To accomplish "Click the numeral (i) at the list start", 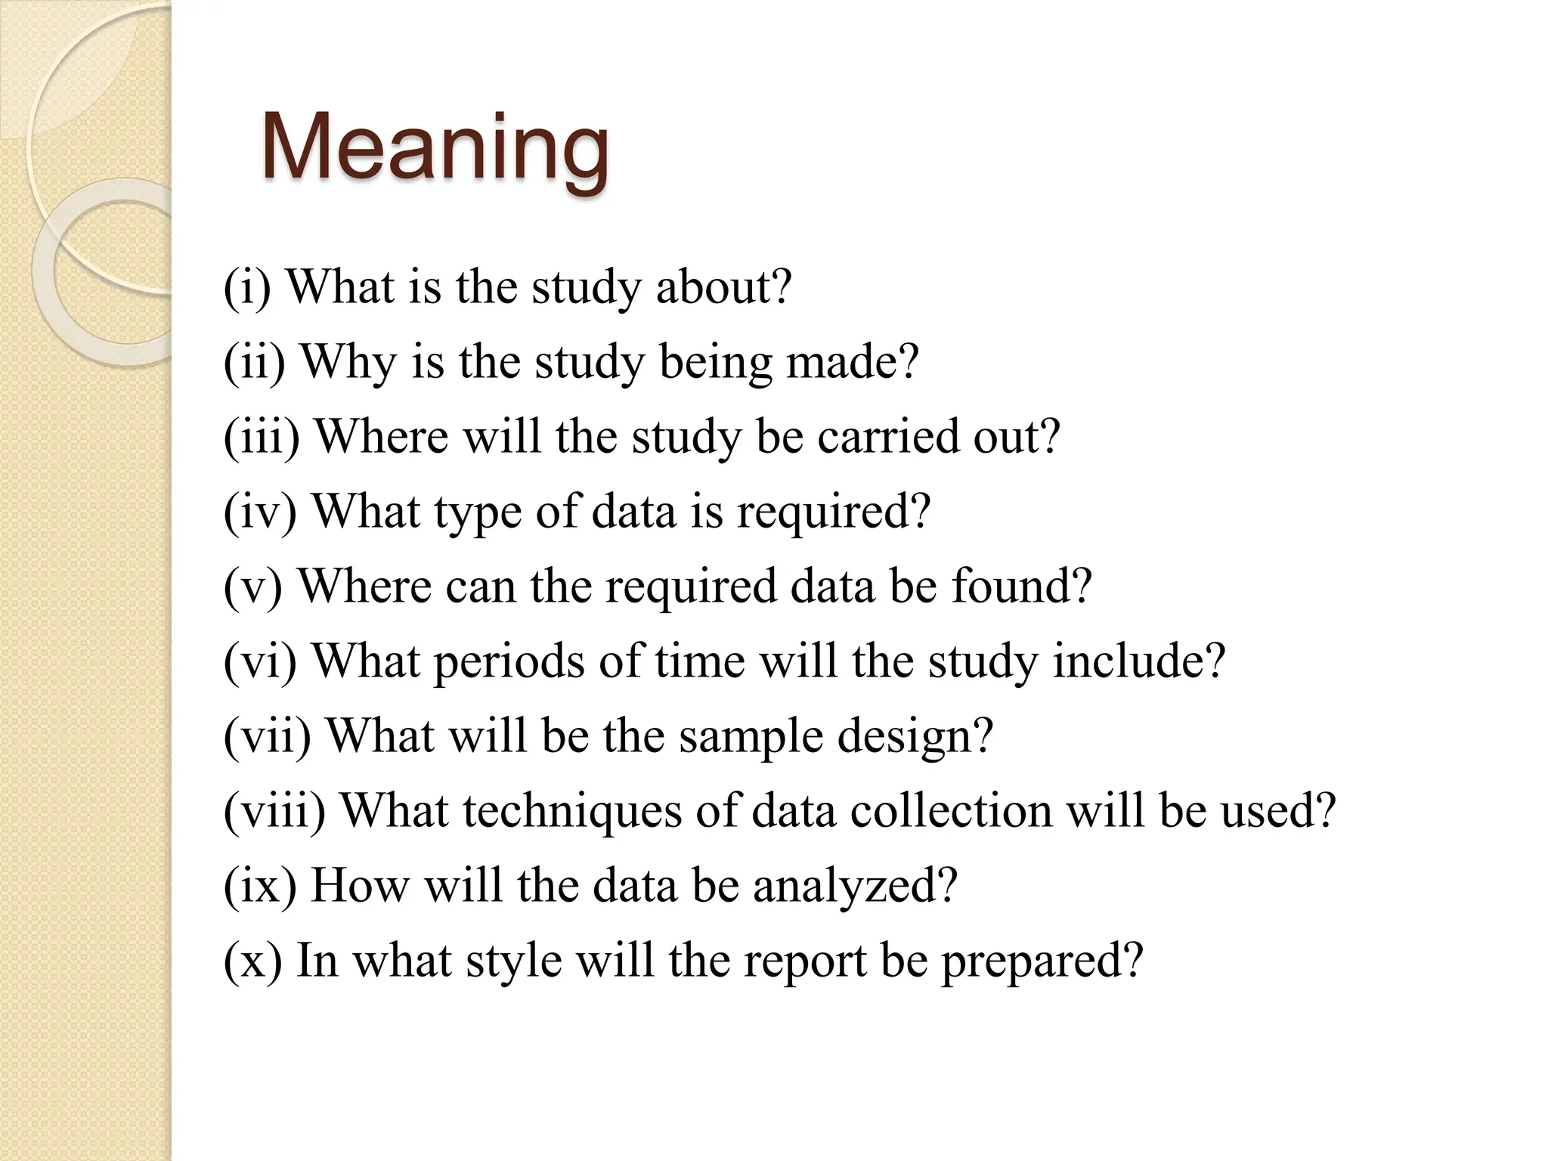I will click(247, 288).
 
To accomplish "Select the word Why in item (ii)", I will click(348, 363).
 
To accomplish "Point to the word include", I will click(1128, 661).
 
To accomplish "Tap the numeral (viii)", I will click(274, 811).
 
